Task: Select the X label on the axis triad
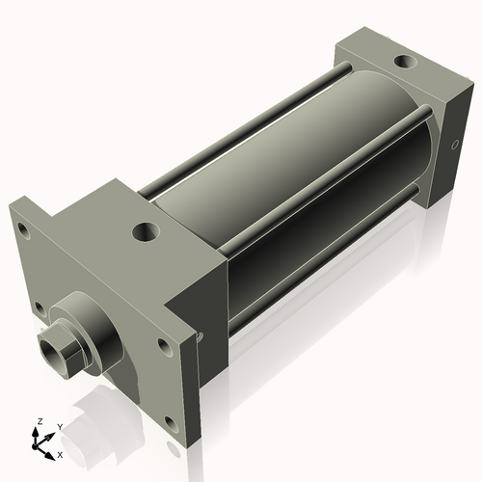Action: click(x=60, y=452)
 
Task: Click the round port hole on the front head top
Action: click(x=146, y=231)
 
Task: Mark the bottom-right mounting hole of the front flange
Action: click(x=170, y=422)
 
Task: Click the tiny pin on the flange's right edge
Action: click(x=201, y=336)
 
